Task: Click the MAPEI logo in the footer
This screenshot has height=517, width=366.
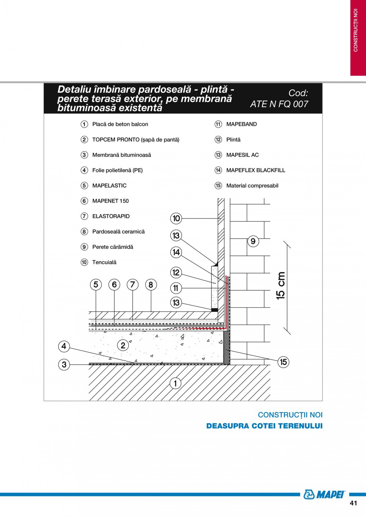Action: (324, 494)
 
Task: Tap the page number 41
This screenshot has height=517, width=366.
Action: (353, 503)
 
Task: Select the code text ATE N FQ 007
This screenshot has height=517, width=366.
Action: (279, 104)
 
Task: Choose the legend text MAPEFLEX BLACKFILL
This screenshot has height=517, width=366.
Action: (255, 170)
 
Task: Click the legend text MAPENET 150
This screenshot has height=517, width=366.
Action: (110, 201)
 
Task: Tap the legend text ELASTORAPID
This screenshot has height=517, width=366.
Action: (111, 216)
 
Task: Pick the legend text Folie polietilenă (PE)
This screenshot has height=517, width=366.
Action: (117, 170)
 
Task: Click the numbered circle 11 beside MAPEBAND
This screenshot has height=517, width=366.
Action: (218, 124)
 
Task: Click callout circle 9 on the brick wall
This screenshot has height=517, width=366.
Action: (253, 241)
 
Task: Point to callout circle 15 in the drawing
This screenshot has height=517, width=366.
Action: (283, 362)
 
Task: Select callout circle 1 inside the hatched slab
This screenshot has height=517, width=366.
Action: (175, 383)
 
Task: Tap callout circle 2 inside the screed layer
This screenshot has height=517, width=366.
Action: (123, 345)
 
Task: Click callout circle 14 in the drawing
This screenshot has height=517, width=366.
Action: (176, 252)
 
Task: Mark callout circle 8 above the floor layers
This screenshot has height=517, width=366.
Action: (151, 285)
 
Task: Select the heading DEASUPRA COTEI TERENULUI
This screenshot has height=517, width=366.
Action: (264, 426)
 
